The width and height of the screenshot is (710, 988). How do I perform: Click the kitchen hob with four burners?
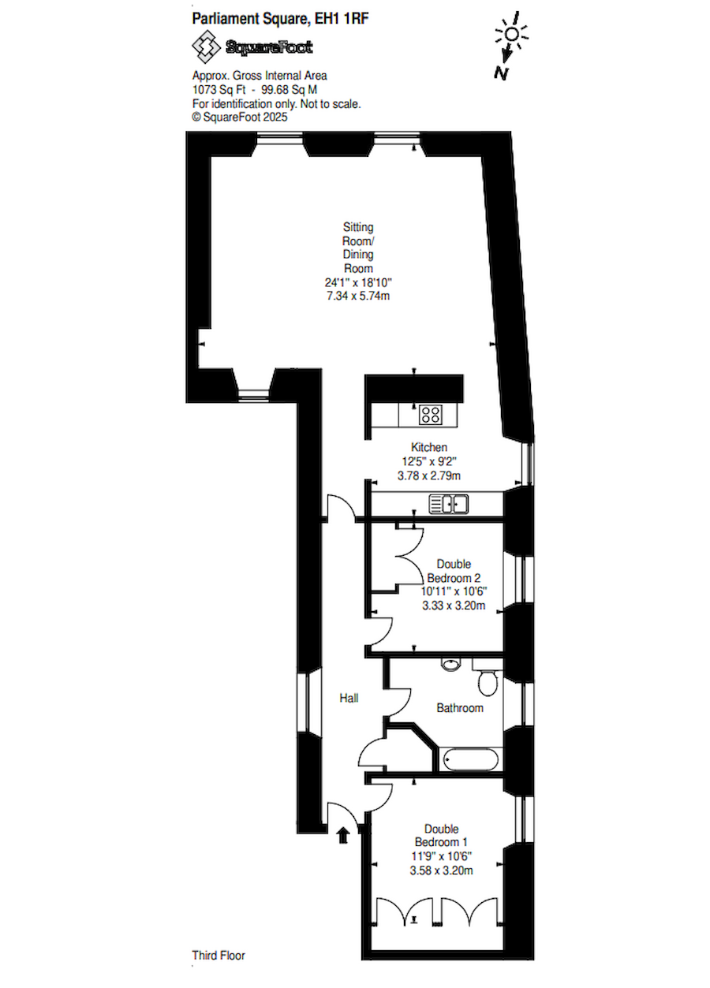click(x=430, y=413)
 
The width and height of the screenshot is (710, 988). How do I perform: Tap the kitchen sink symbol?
click(x=449, y=503)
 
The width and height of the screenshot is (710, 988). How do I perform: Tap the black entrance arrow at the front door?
click(x=343, y=835)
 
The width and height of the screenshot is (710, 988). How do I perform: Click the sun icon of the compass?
click(x=512, y=34)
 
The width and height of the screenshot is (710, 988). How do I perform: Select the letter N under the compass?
click(x=500, y=73)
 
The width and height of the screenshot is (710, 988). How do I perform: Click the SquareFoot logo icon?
click(x=207, y=47)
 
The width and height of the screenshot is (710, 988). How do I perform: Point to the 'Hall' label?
click(x=349, y=698)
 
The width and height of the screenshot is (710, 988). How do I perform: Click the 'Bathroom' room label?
click(x=460, y=708)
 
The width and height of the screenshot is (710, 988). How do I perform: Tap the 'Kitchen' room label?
click(x=428, y=448)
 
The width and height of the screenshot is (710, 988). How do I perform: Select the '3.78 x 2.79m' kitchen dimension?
click(x=428, y=475)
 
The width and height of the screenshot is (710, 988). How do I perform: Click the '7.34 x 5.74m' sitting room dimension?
click(x=357, y=296)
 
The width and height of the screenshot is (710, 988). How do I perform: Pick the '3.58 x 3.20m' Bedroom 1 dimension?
click(x=442, y=871)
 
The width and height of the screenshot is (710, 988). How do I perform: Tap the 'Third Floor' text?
click(x=219, y=956)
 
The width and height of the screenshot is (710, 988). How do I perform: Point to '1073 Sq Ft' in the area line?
click(x=218, y=90)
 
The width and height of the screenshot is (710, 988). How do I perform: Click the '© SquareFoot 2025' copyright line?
click(x=240, y=116)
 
